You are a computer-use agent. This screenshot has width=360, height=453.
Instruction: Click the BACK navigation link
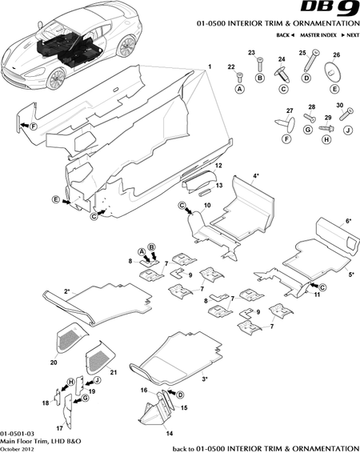pyautogui.click(x=285, y=37)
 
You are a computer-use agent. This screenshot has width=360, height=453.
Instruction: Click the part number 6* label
pyautogui.click(x=349, y=219)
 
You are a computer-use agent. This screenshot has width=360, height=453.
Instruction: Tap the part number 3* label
pyautogui.click(x=206, y=378)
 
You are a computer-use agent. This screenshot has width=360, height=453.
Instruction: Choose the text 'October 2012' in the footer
pyautogui.click(x=18, y=447)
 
